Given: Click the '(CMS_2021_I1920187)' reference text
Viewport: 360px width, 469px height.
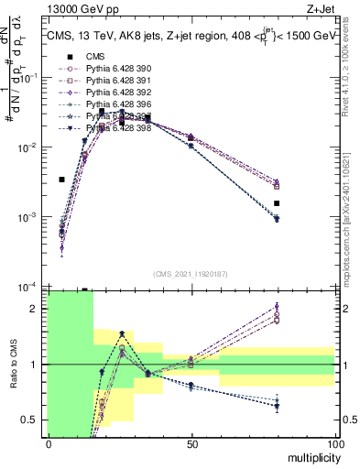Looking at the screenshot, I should pos(191,273).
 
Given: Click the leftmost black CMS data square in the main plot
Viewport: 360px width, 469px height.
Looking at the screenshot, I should pos(61,180).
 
